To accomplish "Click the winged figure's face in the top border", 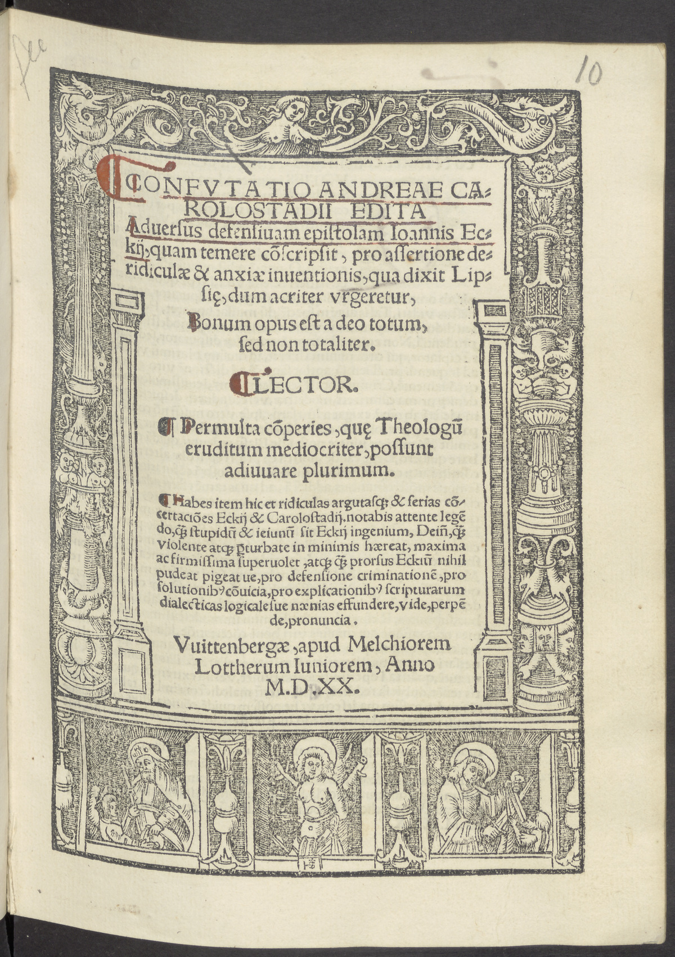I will tap(295, 110).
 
